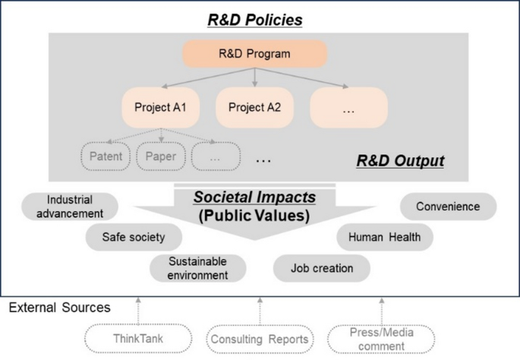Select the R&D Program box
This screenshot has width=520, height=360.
pyautogui.click(x=254, y=54)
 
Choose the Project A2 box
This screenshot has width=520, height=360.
pyautogui.click(x=254, y=107)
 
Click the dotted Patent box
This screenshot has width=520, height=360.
pyautogui.click(x=106, y=157)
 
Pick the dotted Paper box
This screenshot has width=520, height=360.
pyautogui.click(x=161, y=157)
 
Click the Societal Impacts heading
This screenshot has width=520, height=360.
pyautogui.click(x=254, y=197)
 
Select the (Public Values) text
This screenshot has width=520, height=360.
pyautogui.click(x=254, y=215)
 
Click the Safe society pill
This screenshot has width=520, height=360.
pyautogui.click(x=133, y=237)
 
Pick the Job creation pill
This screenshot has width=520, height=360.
pyautogui.click(x=322, y=268)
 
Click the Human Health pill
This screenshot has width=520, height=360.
pyautogui.click(x=384, y=237)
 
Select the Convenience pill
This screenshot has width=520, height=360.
pyautogui.click(x=447, y=207)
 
